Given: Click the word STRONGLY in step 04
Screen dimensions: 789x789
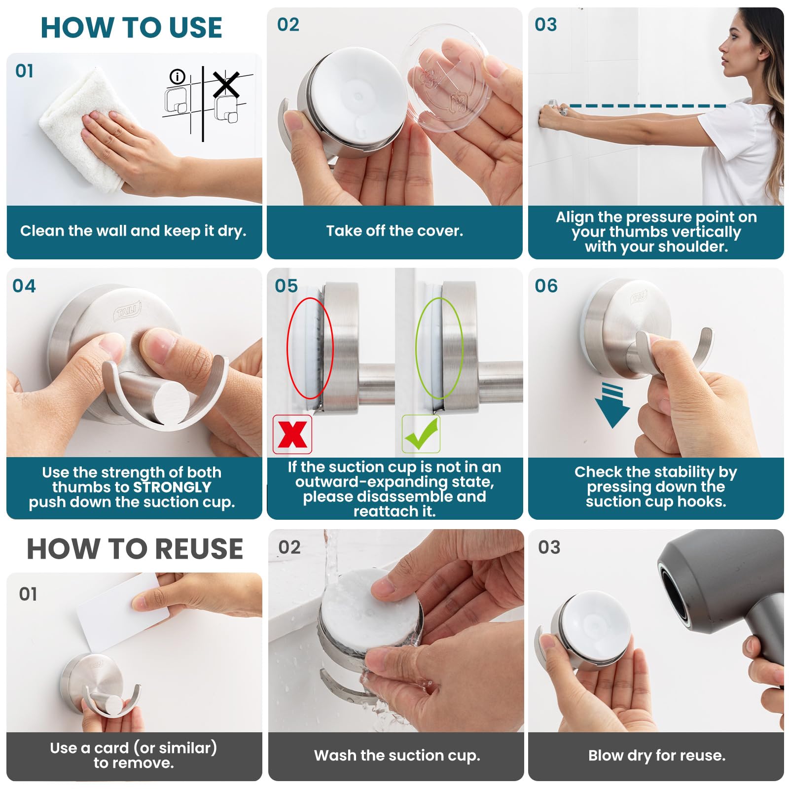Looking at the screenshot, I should [172, 487].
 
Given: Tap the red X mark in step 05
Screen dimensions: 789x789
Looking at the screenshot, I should [292, 434].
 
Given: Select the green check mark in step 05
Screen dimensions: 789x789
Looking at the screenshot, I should [421, 434].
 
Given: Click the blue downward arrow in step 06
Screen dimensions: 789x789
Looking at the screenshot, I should [612, 407].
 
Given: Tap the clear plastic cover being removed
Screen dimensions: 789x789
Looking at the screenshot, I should [446, 79].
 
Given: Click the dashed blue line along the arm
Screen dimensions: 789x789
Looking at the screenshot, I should [646, 106].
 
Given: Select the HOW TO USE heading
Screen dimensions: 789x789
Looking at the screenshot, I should [131, 28].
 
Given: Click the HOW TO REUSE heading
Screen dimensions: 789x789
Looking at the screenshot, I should [135, 549].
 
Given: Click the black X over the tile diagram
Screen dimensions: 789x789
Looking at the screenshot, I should [226, 85].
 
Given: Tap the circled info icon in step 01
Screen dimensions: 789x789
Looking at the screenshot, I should [177, 77].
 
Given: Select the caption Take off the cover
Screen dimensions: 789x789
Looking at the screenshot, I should [394, 231].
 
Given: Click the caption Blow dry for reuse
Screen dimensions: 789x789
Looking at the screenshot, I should [656, 755].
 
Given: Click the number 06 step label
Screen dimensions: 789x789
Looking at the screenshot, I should [546, 286].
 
